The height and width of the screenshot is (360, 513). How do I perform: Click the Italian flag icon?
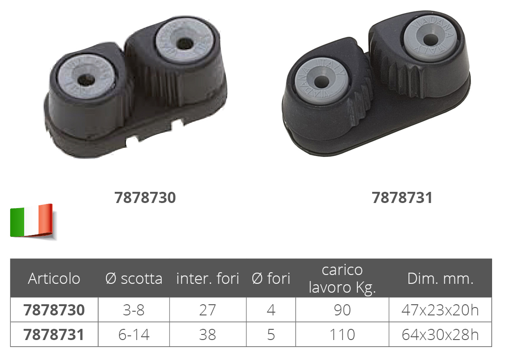pos(32,221)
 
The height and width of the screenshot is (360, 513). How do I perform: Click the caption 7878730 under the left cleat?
pos(145,197)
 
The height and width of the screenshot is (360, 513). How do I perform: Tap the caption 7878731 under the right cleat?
pos(402,197)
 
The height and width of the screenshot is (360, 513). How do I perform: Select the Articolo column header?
pos(54,279)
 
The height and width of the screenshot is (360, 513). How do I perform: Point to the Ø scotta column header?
pos(134,279)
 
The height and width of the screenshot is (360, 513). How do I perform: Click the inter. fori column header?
pos(207,279)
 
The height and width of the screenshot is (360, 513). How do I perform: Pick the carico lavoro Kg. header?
pos(342,279)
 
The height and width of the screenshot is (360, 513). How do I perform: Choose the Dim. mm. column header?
pos(441,279)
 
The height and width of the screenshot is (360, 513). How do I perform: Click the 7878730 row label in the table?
pos(54,310)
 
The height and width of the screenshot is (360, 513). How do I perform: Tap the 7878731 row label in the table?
pos(54,334)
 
